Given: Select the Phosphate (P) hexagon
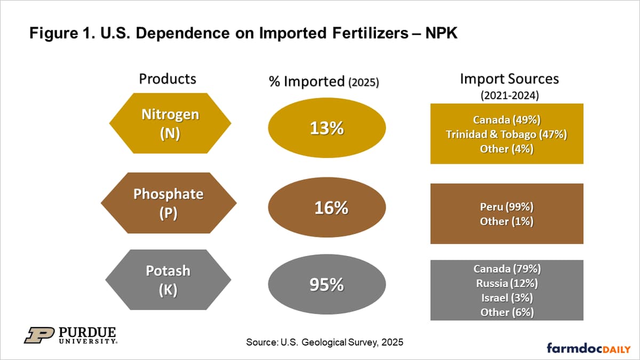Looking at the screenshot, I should click(168, 203).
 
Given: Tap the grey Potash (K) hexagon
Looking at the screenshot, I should click(168, 280).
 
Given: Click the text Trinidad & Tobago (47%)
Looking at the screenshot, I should click(506, 134).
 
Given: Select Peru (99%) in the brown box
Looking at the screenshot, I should click(506, 206).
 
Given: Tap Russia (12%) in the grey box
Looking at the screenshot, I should click(506, 283).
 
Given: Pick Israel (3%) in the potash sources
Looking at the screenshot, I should click(506, 298).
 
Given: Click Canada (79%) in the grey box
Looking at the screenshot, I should click(506, 268).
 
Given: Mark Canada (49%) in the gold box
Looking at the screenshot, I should click(506, 120).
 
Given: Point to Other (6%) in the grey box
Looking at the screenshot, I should click(506, 312).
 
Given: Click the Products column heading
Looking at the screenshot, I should click(167, 79).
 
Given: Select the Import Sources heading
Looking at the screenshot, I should click(509, 79).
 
